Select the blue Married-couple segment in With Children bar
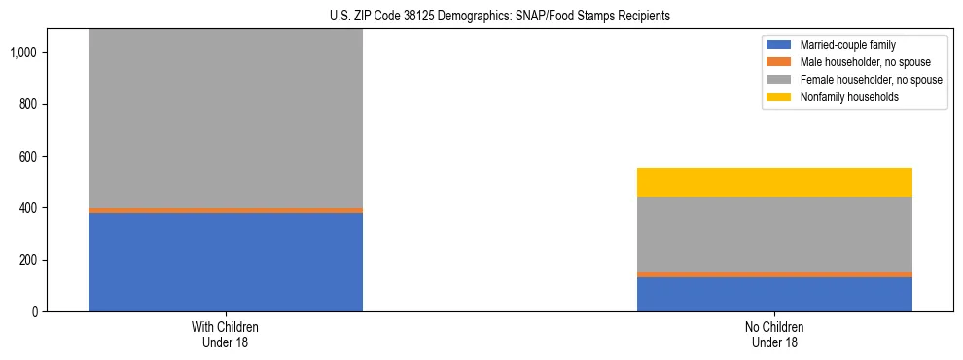pyautogui.click(x=225, y=262)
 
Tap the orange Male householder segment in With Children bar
pyautogui.click(x=225, y=210)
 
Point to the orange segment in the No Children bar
pyautogui.click(x=774, y=274)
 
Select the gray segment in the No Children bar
pyautogui.click(x=774, y=234)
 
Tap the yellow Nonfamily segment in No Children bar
pyautogui.click(x=774, y=182)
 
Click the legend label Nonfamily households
pyautogui.click(x=843, y=97)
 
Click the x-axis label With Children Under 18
pyautogui.click(x=225, y=334)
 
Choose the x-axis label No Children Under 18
pyautogui.click(x=774, y=334)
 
